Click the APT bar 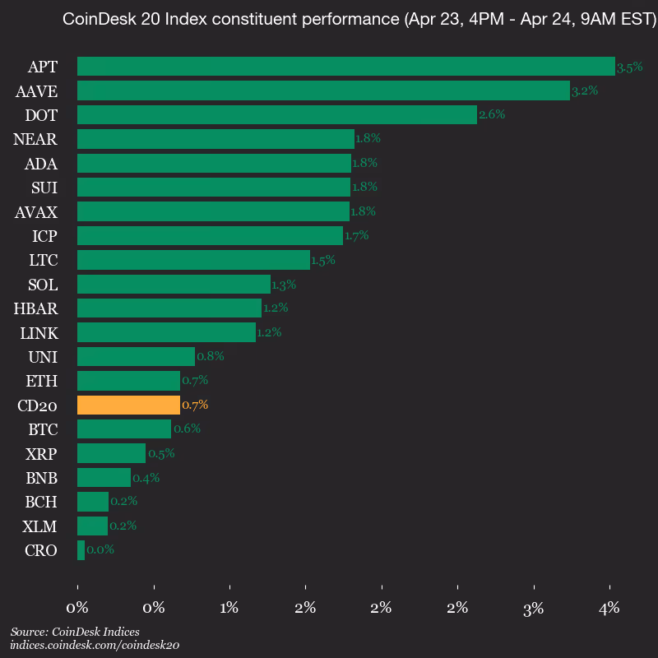tap(345, 67)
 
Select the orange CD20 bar tap(128, 405)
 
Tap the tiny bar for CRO tap(81, 550)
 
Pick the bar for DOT tap(276, 115)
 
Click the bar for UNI tap(136, 356)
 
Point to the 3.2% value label tap(585, 90)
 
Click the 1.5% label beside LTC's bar tap(323, 260)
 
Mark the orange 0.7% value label tap(195, 405)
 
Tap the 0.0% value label tap(100, 550)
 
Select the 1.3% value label tap(284, 285)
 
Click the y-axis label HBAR tap(35, 308)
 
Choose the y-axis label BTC tap(42, 429)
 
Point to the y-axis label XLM tap(40, 526)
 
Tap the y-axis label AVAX tap(36, 212)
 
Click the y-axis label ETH tap(42, 381)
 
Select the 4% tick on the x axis tap(609, 609)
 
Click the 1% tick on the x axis tap(229, 609)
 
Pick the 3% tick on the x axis tap(534, 609)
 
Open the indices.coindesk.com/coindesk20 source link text tap(95, 646)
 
